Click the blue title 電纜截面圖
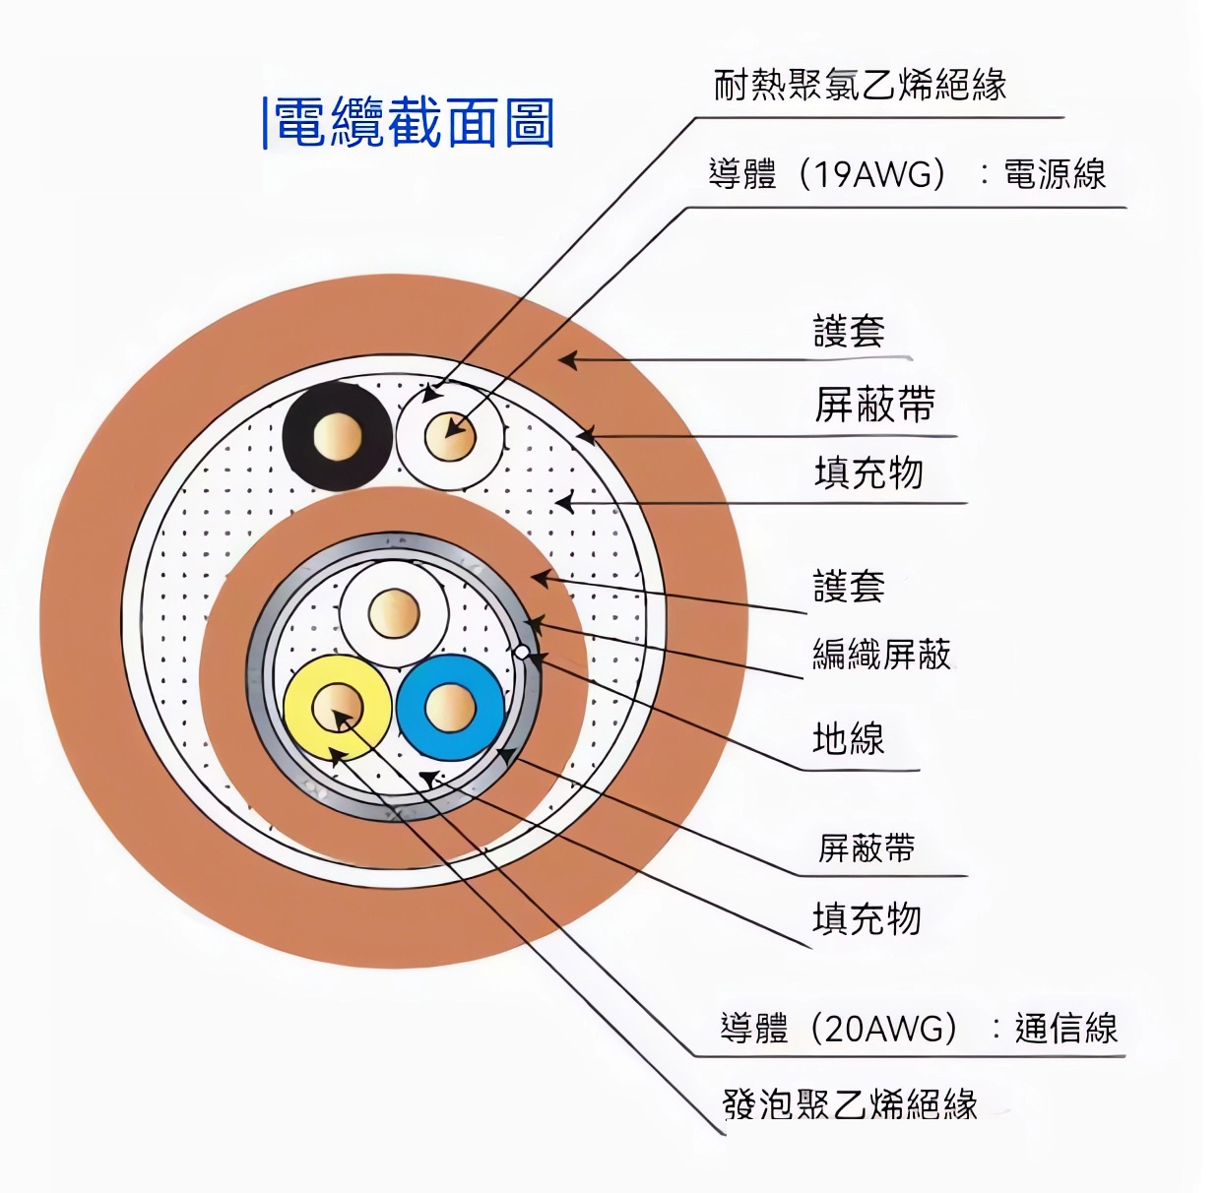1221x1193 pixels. click(415, 122)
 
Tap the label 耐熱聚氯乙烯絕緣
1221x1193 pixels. click(861, 85)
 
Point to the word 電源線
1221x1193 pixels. click(1055, 174)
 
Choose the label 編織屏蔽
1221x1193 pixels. click(881, 655)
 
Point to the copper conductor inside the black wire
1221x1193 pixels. click(338, 436)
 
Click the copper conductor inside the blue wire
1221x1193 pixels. click(451, 708)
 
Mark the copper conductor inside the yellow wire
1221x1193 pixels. click(338, 708)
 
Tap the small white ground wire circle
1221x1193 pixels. click(522, 653)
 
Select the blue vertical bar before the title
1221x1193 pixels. click(265, 122)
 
